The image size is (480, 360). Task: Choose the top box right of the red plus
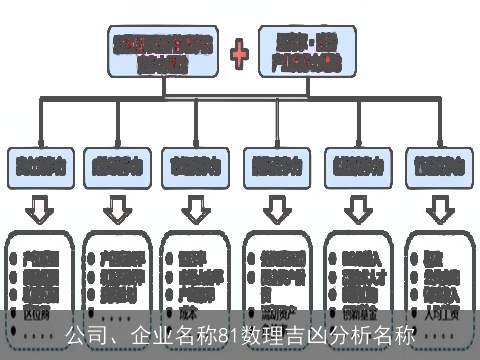[312, 50]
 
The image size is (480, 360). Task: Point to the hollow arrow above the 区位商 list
[38, 211]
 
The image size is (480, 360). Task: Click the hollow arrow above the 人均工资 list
[437, 211]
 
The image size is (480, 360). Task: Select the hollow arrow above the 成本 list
[194, 211]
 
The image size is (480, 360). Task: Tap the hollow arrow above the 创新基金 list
[356, 211]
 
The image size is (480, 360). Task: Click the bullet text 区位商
[35, 311]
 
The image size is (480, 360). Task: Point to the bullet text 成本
[185, 311]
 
